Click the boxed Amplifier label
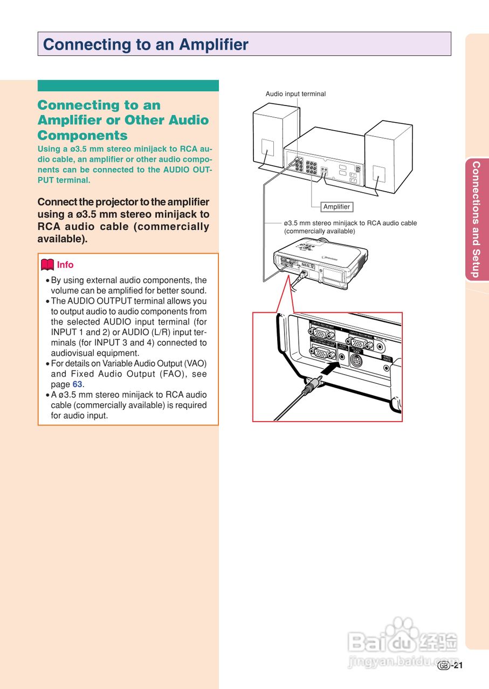coord(336,207)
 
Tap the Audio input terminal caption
coord(295,94)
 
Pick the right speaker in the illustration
coord(388,156)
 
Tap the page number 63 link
coord(78,384)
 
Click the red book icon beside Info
coord(47,265)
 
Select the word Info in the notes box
coord(65,265)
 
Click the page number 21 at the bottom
coord(458,665)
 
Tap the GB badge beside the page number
coord(444,666)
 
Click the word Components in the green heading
coord(82,135)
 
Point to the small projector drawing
coord(320,261)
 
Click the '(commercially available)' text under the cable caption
coord(319,231)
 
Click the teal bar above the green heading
coord(128,86)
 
